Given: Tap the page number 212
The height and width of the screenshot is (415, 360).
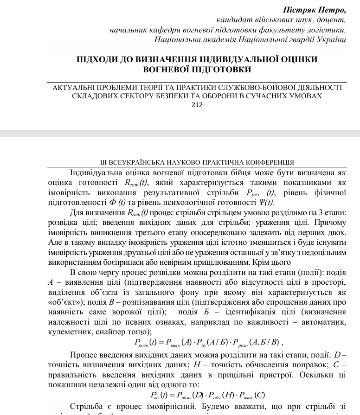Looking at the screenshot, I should (x=197, y=105).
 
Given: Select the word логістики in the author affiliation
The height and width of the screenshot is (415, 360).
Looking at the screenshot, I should (x=328, y=30).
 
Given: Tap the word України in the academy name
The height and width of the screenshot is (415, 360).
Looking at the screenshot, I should (x=331, y=40).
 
